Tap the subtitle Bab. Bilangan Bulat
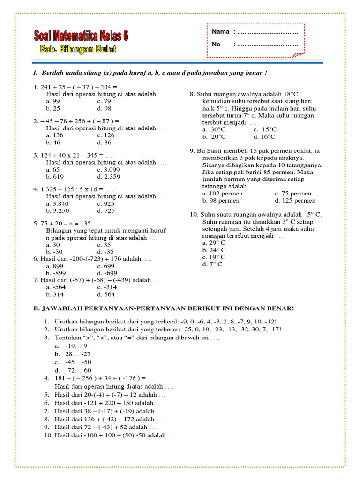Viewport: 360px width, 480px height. click(77, 49)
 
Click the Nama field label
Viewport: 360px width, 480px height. click(220, 32)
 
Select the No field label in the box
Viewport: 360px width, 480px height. click(216, 45)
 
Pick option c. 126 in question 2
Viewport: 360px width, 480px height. click(105, 135)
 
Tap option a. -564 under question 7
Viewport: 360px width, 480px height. click(56, 287)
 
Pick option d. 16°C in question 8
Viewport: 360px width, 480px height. click(264, 137)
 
